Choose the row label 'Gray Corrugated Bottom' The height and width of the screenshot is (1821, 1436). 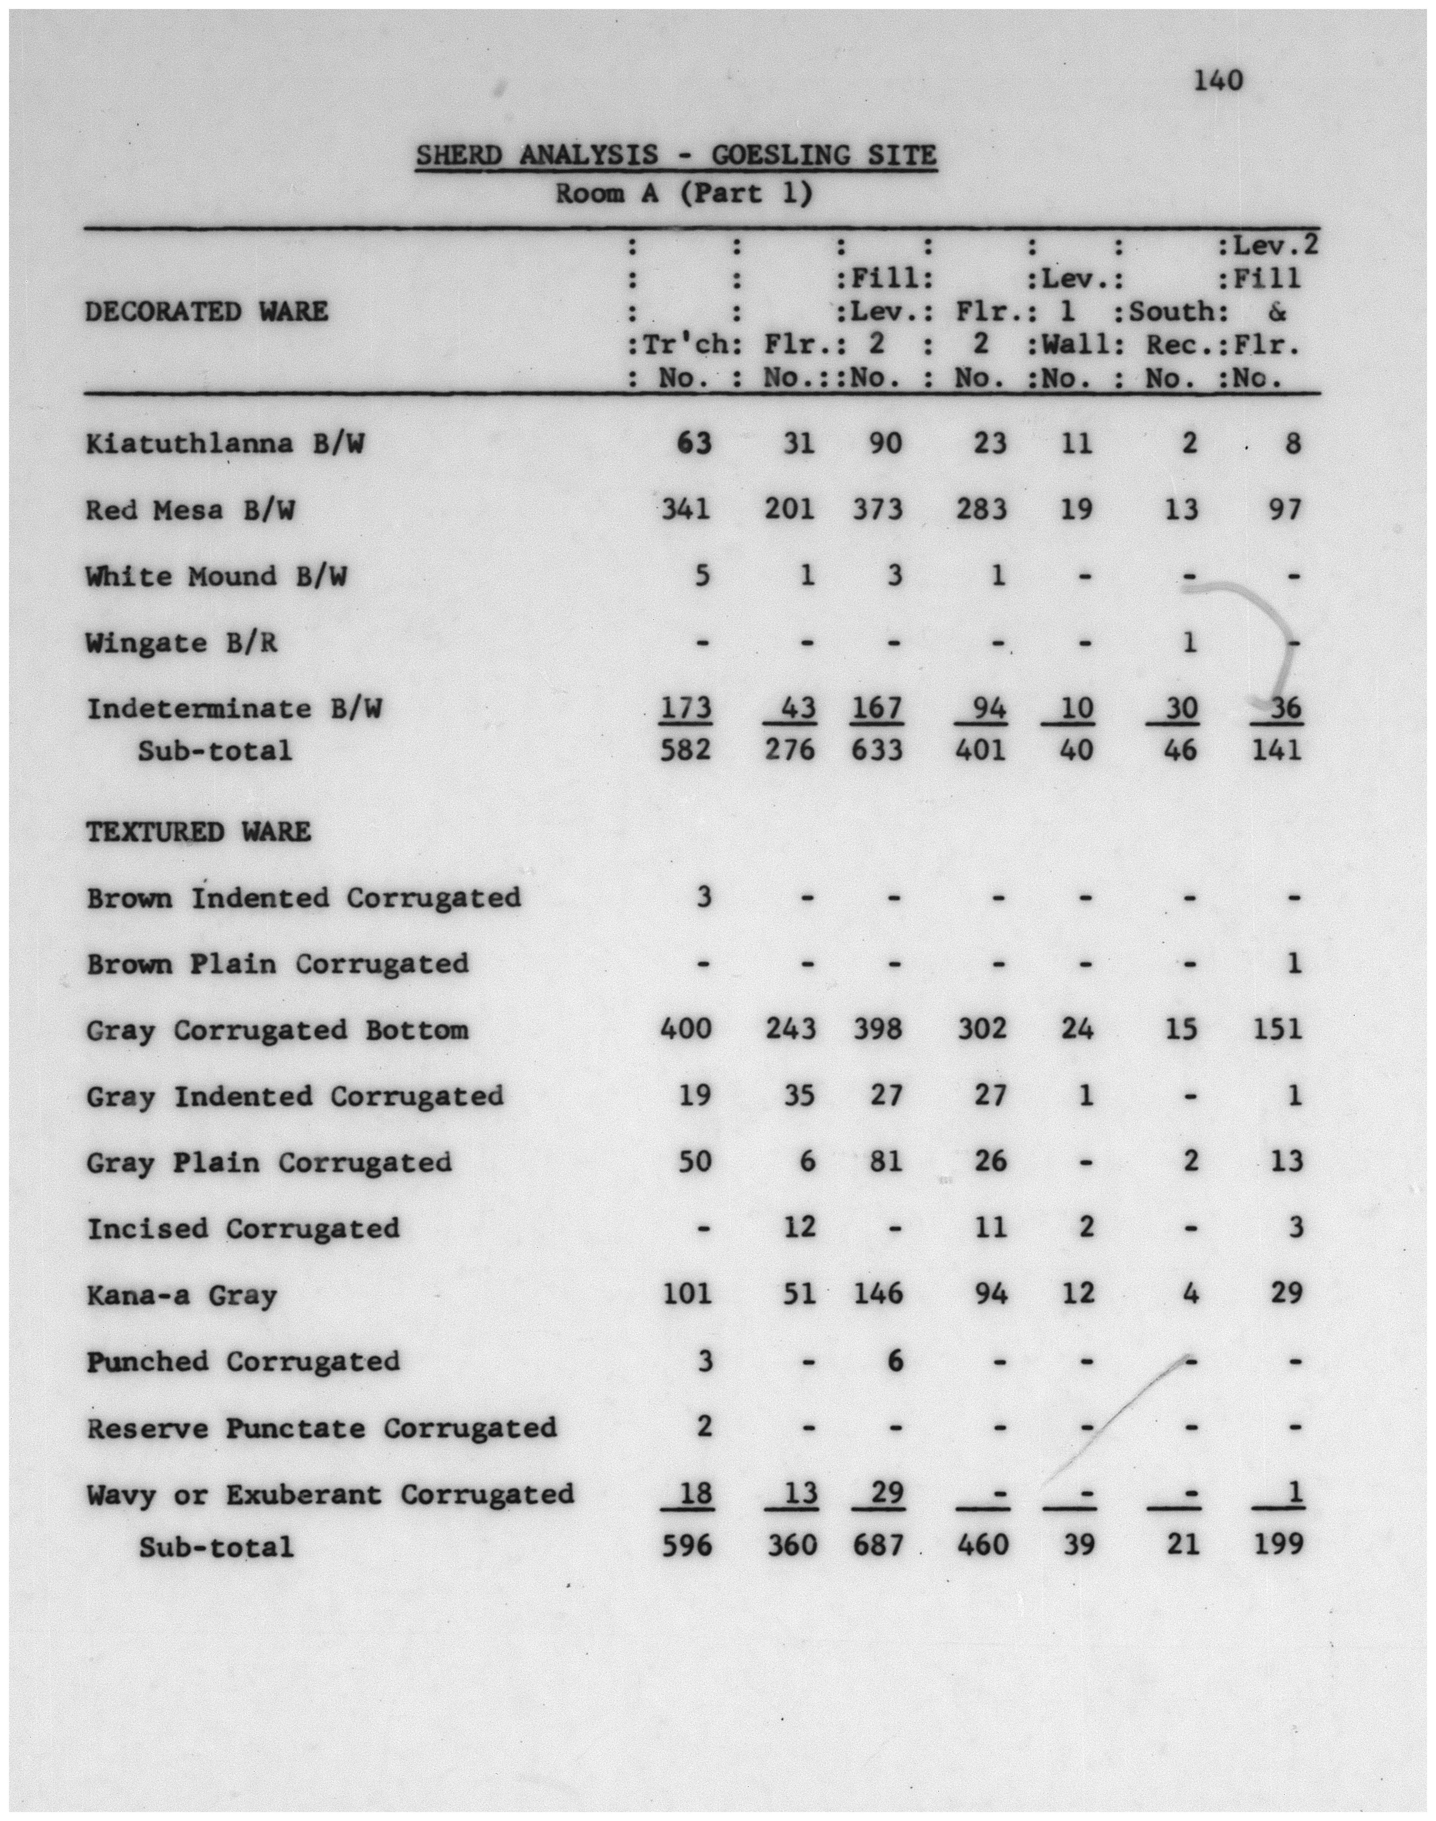coord(278,1030)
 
